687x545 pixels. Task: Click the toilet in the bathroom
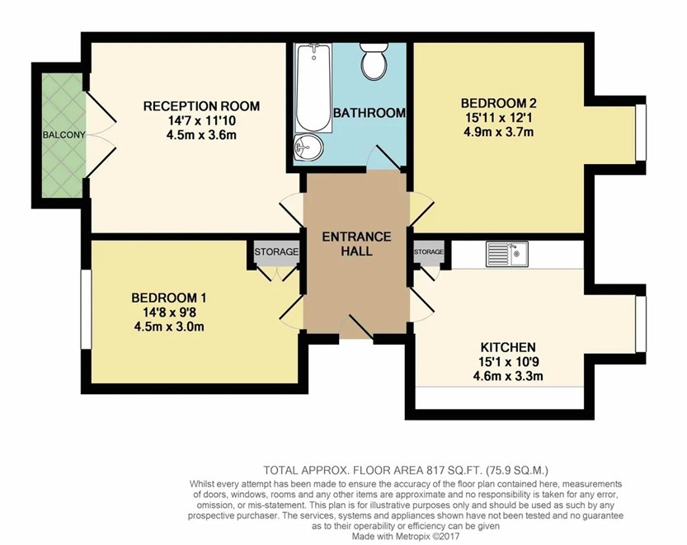click(x=374, y=61)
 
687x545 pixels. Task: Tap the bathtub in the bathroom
click(x=313, y=87)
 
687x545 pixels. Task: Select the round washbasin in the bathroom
click(x=308, y=148)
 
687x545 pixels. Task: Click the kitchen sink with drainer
click(x=507, y=254)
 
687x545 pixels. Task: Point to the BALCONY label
click(x=64, y=135)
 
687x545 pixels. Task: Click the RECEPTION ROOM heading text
click(x=201, y=106)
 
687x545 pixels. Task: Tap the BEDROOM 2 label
click(x=499, y=103)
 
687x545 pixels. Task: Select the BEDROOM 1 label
click(x=169, y=298)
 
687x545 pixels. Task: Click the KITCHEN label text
click(x=508, y=347)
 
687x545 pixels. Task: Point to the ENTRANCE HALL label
click(x=356, y=244)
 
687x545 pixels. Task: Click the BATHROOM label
click(x=369, y=113)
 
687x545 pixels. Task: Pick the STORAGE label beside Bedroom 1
click(x=276, y=252)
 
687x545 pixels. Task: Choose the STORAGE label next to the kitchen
click(x=429, y=252)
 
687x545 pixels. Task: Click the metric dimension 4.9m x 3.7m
click(x=499, y=131)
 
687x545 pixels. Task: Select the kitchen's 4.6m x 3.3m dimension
click(x=508, y=376)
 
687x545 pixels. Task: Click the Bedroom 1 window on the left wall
click(x=86, y=309)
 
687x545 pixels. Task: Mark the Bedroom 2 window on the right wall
click(x=641, y=132)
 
